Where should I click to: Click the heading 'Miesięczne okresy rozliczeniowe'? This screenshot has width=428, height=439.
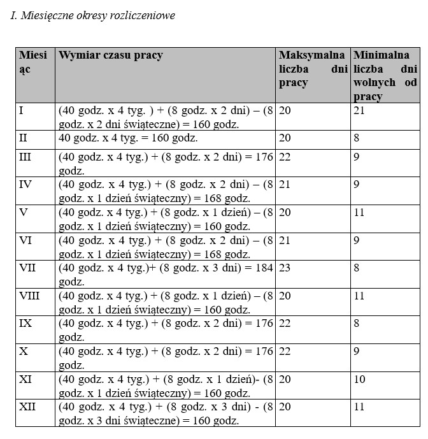pos(93,15)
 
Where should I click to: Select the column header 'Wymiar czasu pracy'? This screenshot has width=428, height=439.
pos(111,55)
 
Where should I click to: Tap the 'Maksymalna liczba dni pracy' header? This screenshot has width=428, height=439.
pos(312,69)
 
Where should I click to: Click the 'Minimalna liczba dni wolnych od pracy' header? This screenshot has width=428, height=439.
pos(385,76)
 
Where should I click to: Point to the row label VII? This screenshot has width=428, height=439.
pos(28,268)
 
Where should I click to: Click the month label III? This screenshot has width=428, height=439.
pos(25,157)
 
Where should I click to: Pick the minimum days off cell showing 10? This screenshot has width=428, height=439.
pos(360,378)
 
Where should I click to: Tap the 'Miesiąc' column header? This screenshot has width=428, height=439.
pos(32,62)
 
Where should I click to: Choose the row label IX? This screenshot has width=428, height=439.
pos(26,323)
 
